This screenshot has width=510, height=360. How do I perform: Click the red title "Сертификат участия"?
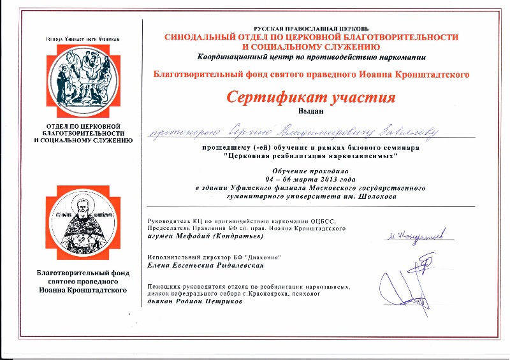(x=311, y=98)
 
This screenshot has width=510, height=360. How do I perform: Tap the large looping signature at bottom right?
(x=408, y=280)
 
